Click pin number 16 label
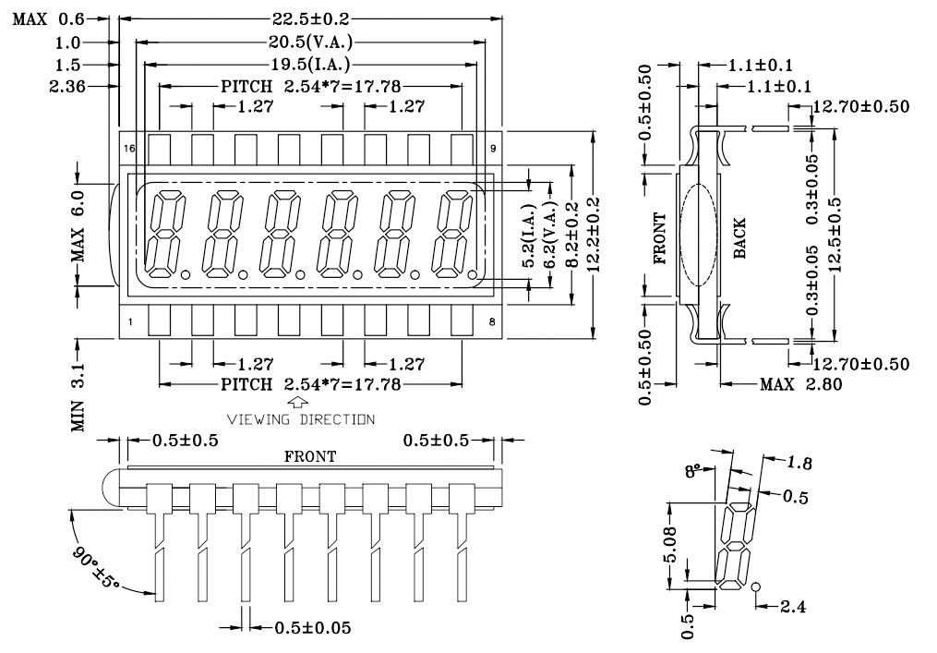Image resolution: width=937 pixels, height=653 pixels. pyautogui.click(x=130, y=148)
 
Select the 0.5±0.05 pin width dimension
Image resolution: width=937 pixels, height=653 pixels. pyautogui.click(x=312, y=628)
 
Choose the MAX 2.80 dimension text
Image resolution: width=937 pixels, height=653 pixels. pyautogui.click(x=799, y=384)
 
